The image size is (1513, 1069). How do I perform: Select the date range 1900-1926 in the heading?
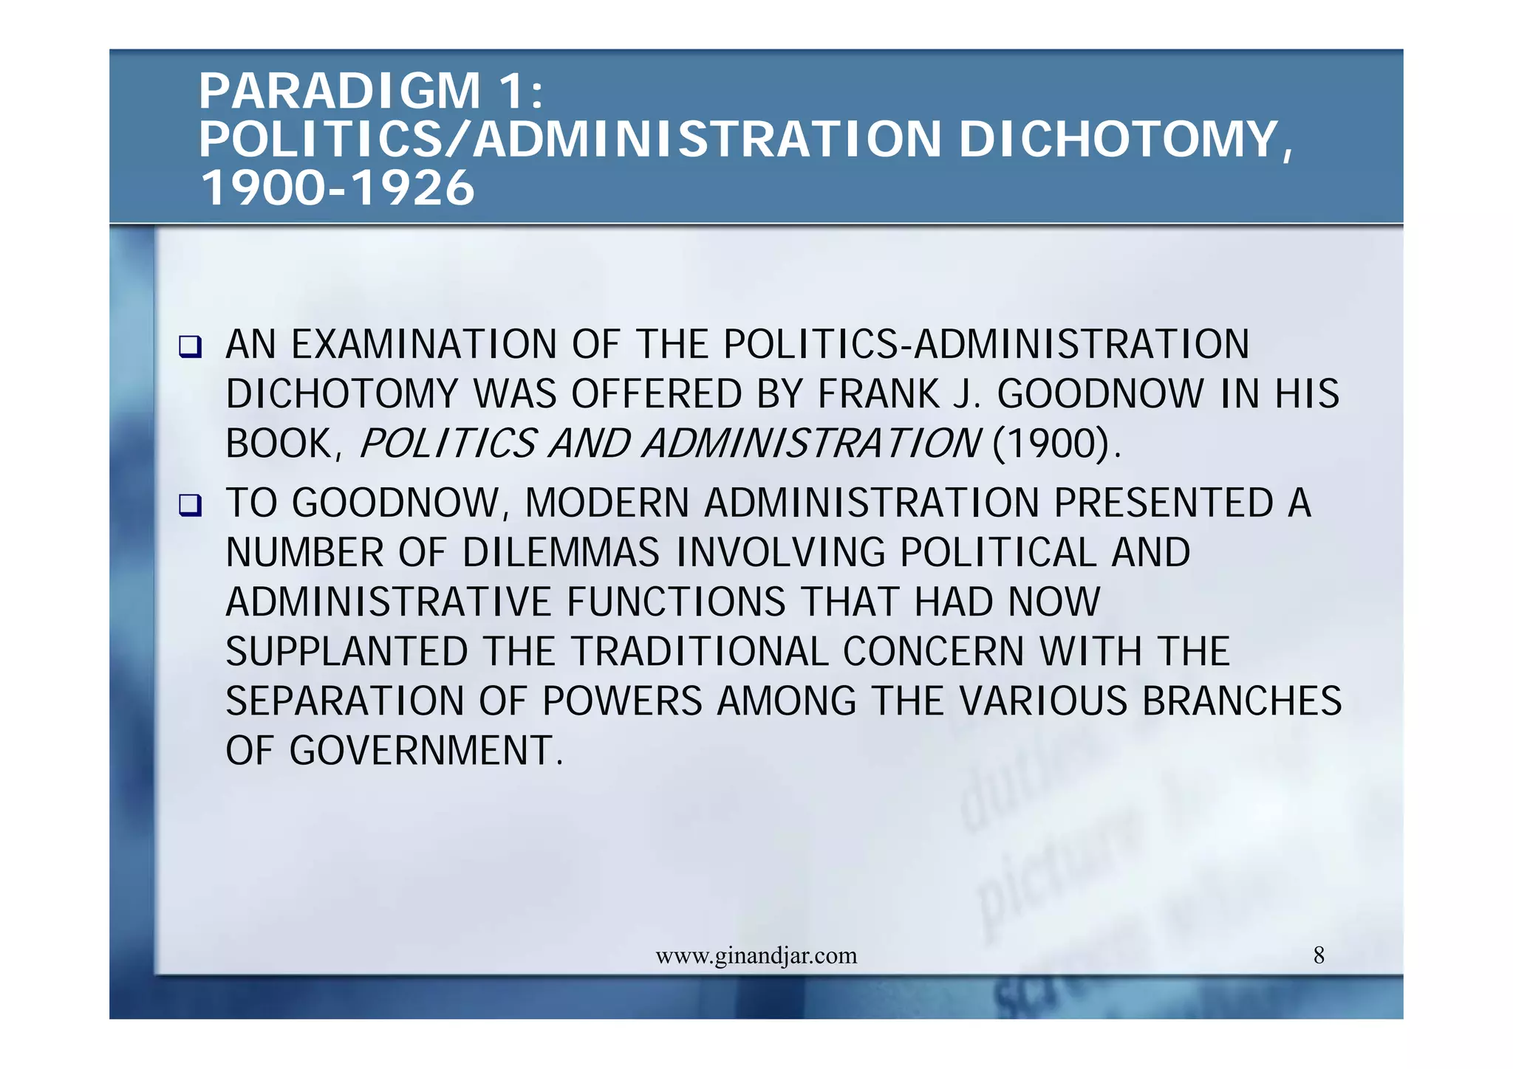[338, 188]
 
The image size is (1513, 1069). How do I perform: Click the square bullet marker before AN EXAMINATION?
[190, 346]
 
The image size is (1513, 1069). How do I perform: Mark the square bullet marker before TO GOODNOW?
[190, 505]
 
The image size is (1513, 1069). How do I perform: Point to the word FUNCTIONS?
[676, 602]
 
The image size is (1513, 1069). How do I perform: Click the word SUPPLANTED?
[346, 652]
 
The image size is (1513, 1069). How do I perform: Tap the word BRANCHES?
[1242, 701]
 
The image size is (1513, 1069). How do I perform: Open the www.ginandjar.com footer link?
[756, 956]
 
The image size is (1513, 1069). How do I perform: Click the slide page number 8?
[1319, 956]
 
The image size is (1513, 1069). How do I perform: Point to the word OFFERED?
[657, 394]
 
